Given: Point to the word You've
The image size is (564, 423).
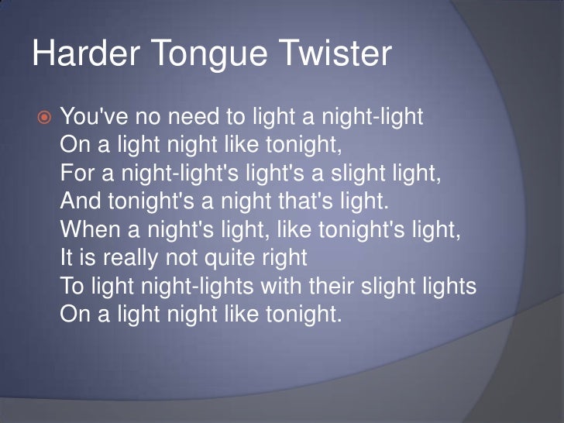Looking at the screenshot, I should [88, 118].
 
